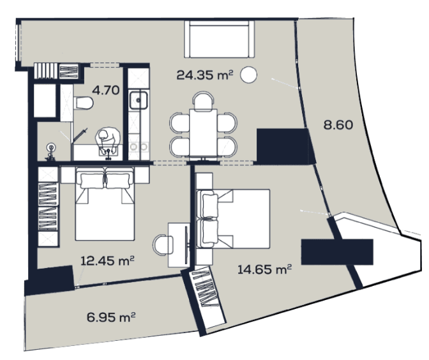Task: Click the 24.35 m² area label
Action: point(203,75)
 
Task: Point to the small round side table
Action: point(250,75)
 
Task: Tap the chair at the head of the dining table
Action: point(204,100)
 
